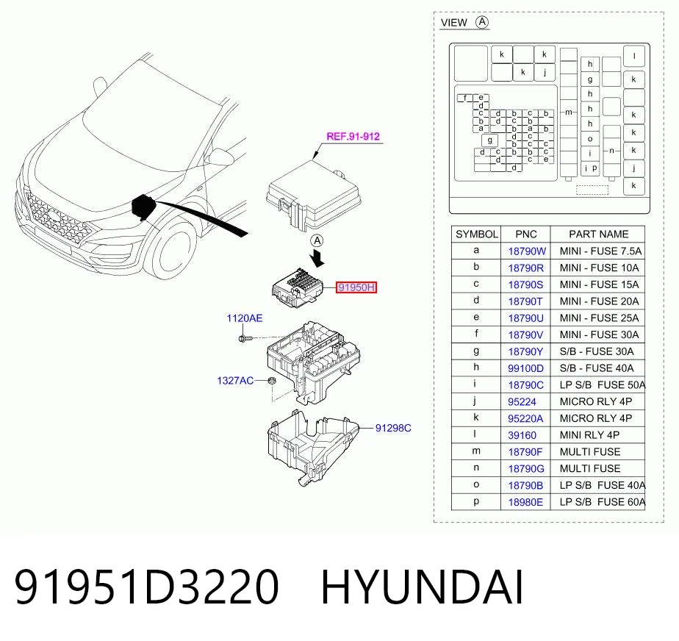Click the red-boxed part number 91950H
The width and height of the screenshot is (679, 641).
coord(356,287)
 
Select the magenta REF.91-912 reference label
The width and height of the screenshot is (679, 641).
coord(353,137)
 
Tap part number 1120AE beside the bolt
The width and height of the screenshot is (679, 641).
coord(244,318)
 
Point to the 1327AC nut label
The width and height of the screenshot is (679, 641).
coord(235,381)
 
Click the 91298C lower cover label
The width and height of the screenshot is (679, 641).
coord(393,428)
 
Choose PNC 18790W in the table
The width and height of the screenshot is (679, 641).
coord(527,251)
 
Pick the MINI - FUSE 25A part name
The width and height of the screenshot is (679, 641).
coord(599,318)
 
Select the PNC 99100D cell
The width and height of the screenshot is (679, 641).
coord(525,368)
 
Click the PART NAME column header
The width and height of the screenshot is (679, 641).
coord(598,234)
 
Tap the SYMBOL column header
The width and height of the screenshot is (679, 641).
coord(476,234)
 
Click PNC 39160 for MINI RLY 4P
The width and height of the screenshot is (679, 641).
coord(522,435)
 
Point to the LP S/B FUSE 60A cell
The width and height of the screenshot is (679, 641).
coord(603,502)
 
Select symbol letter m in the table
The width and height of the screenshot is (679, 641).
coord(476,451)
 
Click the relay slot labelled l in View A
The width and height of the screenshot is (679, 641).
coord(634,56)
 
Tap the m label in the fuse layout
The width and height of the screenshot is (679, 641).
coord(569,112)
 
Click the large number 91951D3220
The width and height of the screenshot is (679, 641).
coord(147,587)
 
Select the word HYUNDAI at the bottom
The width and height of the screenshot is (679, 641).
coord(422,587)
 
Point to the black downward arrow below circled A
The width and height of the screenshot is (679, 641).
coord(317,258)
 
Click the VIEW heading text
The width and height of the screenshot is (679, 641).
coord(454,23)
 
